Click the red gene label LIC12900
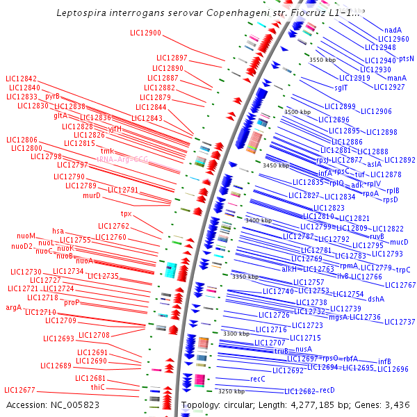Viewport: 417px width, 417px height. pyautogui.click(x=145, y=33)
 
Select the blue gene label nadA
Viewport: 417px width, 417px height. pyautogui.click(x=393, y=30)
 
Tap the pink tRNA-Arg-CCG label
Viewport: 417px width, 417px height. pyautogui.click(x=122, y=158)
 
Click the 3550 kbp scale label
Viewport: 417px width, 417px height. pyautogui.click(x=322, y=60)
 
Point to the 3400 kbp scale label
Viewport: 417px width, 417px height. pyautogui.click(x=259, y=220)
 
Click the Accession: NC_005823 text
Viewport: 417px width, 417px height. pyautogui.click(x=52, y=404)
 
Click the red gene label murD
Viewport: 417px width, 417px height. pyautogui.click(x=92, y=195)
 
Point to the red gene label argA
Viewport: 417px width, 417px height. pyautogui.click(x=14, y=307)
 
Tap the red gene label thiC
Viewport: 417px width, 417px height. pyautogui.click(x=97, y=387)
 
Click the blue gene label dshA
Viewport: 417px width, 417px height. pyautogui.click(x=375, y=299)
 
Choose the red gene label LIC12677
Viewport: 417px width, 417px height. pyautogui.click(x=19, y=390)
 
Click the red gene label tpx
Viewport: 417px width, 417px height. pyautogui.click(x=126, y=213)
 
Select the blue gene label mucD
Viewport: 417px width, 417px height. pyautogui.click(x=399, y=242)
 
